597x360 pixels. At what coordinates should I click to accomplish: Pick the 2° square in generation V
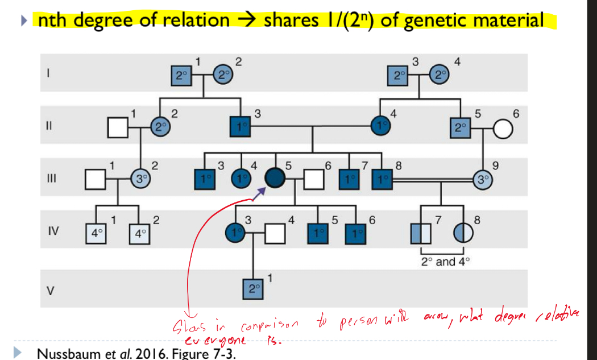pyautogui.click(x=252, y=288)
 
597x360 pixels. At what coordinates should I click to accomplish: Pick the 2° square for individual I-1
pyautogui.click(x=181, y=75)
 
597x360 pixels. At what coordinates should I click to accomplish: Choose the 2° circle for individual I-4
pyautogui.click(x=438, y=75)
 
